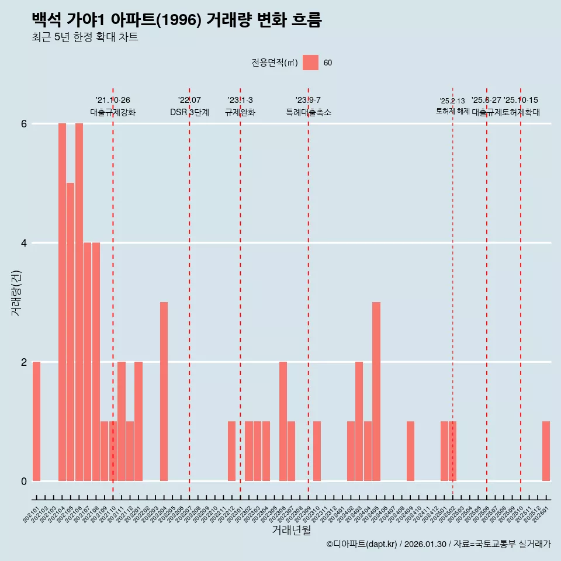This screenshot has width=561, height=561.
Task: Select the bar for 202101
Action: tap(36, 421)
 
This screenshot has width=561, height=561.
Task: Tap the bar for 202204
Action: tap(164, 392)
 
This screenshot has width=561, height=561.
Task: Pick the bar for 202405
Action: tap(376, 392)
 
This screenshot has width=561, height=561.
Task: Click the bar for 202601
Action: tap(546, 451)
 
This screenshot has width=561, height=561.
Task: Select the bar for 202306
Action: tap(283, 421)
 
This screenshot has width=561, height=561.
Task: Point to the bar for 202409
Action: tap(410, 451)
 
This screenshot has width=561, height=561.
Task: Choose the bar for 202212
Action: tap(232, 451)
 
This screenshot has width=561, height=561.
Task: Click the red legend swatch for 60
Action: tap(310, 63)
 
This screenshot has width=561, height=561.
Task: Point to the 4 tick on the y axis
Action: tap(24, 243)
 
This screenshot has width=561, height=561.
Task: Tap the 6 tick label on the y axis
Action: tap(24, 124)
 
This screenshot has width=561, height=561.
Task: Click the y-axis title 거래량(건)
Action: tap(16, 292)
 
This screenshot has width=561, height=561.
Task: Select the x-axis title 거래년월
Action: tap(291, 530)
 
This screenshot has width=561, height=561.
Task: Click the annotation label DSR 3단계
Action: tap(189, 112)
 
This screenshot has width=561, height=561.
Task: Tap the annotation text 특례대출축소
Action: tap(308, 112)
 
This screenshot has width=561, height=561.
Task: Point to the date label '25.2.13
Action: tap(452, 101)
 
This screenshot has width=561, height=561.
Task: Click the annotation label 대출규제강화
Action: tap(113, 112)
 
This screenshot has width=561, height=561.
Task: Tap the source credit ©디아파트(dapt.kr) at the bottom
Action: tap(362, 544)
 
